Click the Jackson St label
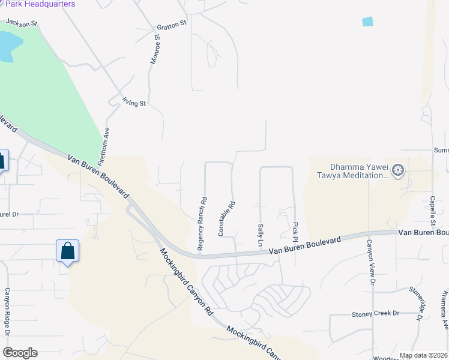(x=22, y=23)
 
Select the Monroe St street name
(x=155, y=49)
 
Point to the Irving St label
(x=134, y=103)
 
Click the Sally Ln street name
(x=261, y=235)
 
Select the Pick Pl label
(x=295, y=228)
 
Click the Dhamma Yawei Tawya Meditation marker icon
(x=398, y=172)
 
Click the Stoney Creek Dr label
(x=375, y=313)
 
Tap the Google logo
(x=20, y=353)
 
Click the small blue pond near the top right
(x=367, y=22)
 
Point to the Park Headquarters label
(x=40, y=4)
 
